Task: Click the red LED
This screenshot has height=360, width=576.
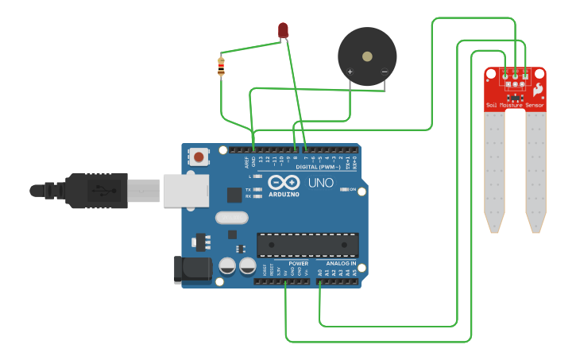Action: [x=284, y=30]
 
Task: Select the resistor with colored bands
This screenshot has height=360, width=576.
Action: [x=221, y=67]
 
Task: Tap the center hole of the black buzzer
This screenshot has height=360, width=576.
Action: [x=366, y=56]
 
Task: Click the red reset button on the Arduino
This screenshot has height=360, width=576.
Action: [x=198, y=156]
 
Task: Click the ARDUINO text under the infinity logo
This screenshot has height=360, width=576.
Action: [x=284, y=194]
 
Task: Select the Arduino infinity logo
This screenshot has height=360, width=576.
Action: [x=284, y=182]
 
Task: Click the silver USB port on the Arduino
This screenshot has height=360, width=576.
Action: [x=185, y=191]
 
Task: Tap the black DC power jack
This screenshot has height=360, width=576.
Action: [x=192, y=269]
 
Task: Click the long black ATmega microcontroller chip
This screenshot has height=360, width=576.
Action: [x=307, y=245]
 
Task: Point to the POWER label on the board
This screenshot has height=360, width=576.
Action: [x=298, y=263]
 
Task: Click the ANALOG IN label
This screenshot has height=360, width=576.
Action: [x=341, y=263]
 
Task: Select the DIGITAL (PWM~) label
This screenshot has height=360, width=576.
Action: [x=318, y=168]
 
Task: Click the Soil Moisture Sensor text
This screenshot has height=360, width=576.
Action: [x=515, y=105]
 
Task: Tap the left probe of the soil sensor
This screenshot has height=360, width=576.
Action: [x=494, y=171]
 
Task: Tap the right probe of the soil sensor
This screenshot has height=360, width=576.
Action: [x=536, y=171]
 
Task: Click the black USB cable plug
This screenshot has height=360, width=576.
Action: [x=95, y=191]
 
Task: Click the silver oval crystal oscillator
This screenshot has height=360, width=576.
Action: [x=231, y=217]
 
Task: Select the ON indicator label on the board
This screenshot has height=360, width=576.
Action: [x=351, y=189]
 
